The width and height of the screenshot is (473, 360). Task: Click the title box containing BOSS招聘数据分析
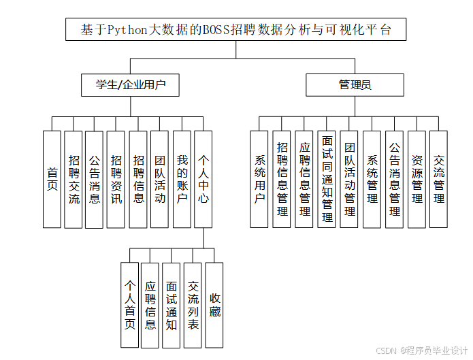point(235,31)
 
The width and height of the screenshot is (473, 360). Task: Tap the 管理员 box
point(355,85)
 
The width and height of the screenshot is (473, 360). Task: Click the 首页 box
point(52,179)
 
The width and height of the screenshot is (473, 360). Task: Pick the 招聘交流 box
point(74,179)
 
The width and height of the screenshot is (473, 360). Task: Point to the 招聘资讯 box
point(116,179)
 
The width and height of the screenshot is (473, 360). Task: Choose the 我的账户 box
point(182,179)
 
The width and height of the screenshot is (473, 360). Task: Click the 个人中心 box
point(203,179)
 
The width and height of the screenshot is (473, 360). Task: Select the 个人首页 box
point(129,305)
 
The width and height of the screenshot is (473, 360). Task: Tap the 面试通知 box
point(172,305)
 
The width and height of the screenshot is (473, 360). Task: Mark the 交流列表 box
point(193,305)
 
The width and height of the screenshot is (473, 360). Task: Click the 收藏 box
point(214,305)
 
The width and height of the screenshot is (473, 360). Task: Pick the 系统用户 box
point(259,179)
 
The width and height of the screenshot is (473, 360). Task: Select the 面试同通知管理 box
point(327,179)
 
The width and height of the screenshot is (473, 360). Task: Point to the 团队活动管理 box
point(349,179)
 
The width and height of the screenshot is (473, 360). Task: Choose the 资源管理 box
point(417,179)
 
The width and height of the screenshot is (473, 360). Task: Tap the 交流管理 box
point(439,179)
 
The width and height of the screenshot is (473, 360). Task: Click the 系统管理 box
point(372,179)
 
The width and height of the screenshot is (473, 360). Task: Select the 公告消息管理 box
point(394,179)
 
